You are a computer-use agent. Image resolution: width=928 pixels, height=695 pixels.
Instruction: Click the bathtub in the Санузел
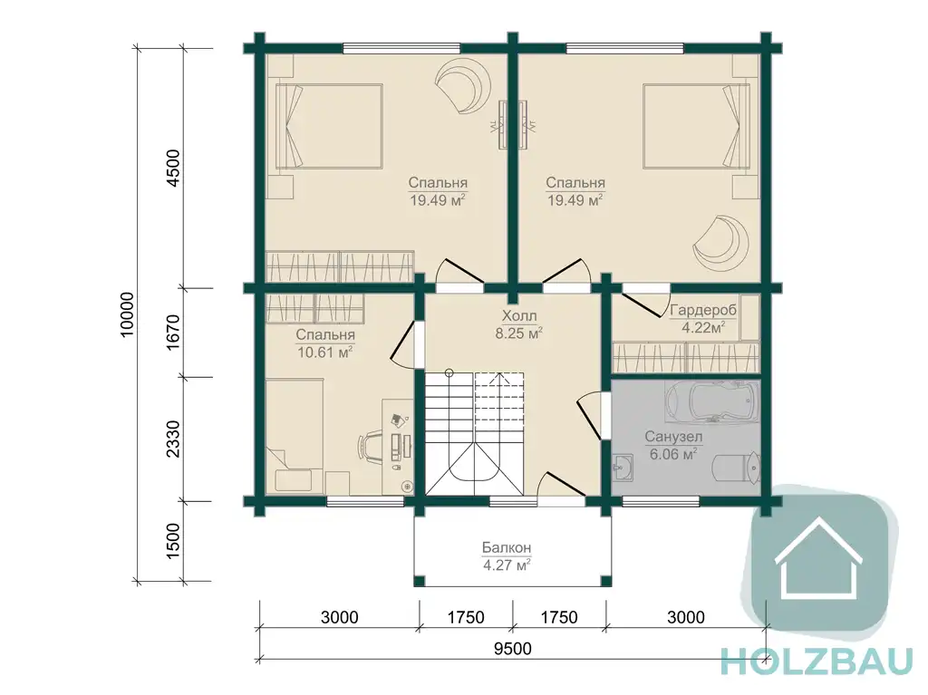coord(712,401)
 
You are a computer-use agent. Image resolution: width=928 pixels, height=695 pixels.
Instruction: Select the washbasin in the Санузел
coord(623,468)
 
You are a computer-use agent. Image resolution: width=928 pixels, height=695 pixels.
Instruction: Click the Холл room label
coord(519,315)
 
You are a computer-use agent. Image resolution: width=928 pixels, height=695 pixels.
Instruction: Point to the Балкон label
coord(507,547)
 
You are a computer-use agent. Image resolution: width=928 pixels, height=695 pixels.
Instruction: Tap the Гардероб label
coord(703,310)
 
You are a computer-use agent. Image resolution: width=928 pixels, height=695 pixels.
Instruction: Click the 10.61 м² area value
coord(325,352)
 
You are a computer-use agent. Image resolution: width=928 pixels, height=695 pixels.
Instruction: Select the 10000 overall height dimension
coord(127,314)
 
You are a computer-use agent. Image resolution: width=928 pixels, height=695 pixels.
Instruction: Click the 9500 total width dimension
coord(513,649)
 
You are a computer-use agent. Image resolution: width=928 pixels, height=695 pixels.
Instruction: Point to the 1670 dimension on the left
coord(173,333)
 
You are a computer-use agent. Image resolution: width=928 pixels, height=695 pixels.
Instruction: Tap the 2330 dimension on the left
coord(173,439)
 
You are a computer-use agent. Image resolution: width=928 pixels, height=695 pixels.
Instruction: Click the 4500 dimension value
coord(173,169)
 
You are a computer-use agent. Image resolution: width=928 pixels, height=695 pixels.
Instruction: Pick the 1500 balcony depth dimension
coord(173,541)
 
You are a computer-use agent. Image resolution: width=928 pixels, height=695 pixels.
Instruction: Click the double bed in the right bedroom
coord(696,126)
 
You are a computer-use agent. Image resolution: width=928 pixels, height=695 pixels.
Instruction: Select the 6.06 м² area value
coord(673,455)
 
